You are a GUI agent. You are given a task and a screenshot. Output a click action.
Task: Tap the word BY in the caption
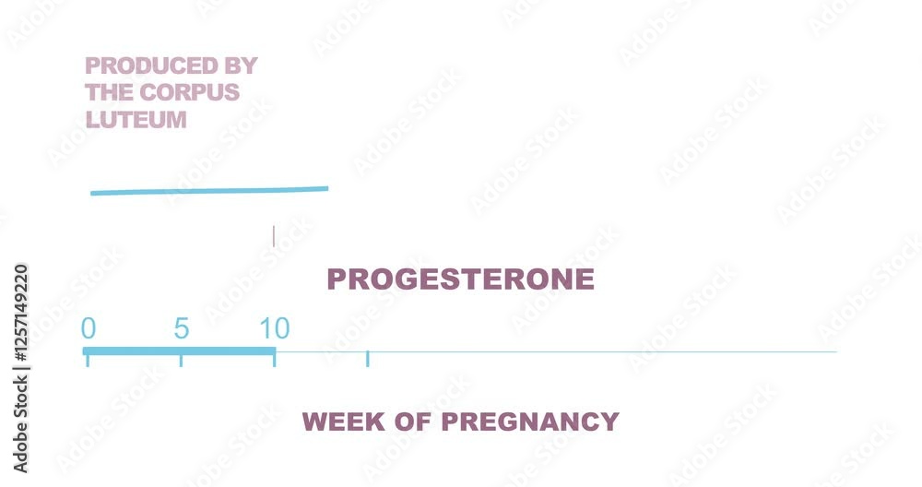click(x=241, y=65)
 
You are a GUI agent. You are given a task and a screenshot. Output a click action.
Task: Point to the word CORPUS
click(x=190, y=92)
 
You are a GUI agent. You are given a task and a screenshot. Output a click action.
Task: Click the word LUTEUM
click(x=136, y=120)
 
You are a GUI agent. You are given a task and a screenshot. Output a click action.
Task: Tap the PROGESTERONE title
click(x=460, y=279)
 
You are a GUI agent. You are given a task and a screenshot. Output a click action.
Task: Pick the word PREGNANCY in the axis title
click(x=530, y=422)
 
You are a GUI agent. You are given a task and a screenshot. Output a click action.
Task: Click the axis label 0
click(x=89, y=328)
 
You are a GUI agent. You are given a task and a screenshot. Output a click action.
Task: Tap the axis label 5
click(x=182, y=328)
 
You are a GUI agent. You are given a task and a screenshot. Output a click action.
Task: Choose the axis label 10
click(x=275, y=328)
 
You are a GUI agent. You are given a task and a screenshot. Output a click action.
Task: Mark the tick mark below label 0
click(x=88, y=361)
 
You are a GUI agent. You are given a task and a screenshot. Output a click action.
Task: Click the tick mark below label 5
click(x=181, y=361)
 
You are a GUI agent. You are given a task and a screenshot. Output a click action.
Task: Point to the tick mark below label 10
click(x=274, y=361)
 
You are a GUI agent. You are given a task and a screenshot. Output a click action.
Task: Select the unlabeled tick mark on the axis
click(x=368, y=359)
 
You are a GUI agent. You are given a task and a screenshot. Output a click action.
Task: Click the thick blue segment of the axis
click(x=180, y=351)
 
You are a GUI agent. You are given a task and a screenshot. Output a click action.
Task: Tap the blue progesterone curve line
click(x=209, y=191)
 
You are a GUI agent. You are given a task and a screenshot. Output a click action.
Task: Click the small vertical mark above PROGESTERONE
click(x=274, y=236)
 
